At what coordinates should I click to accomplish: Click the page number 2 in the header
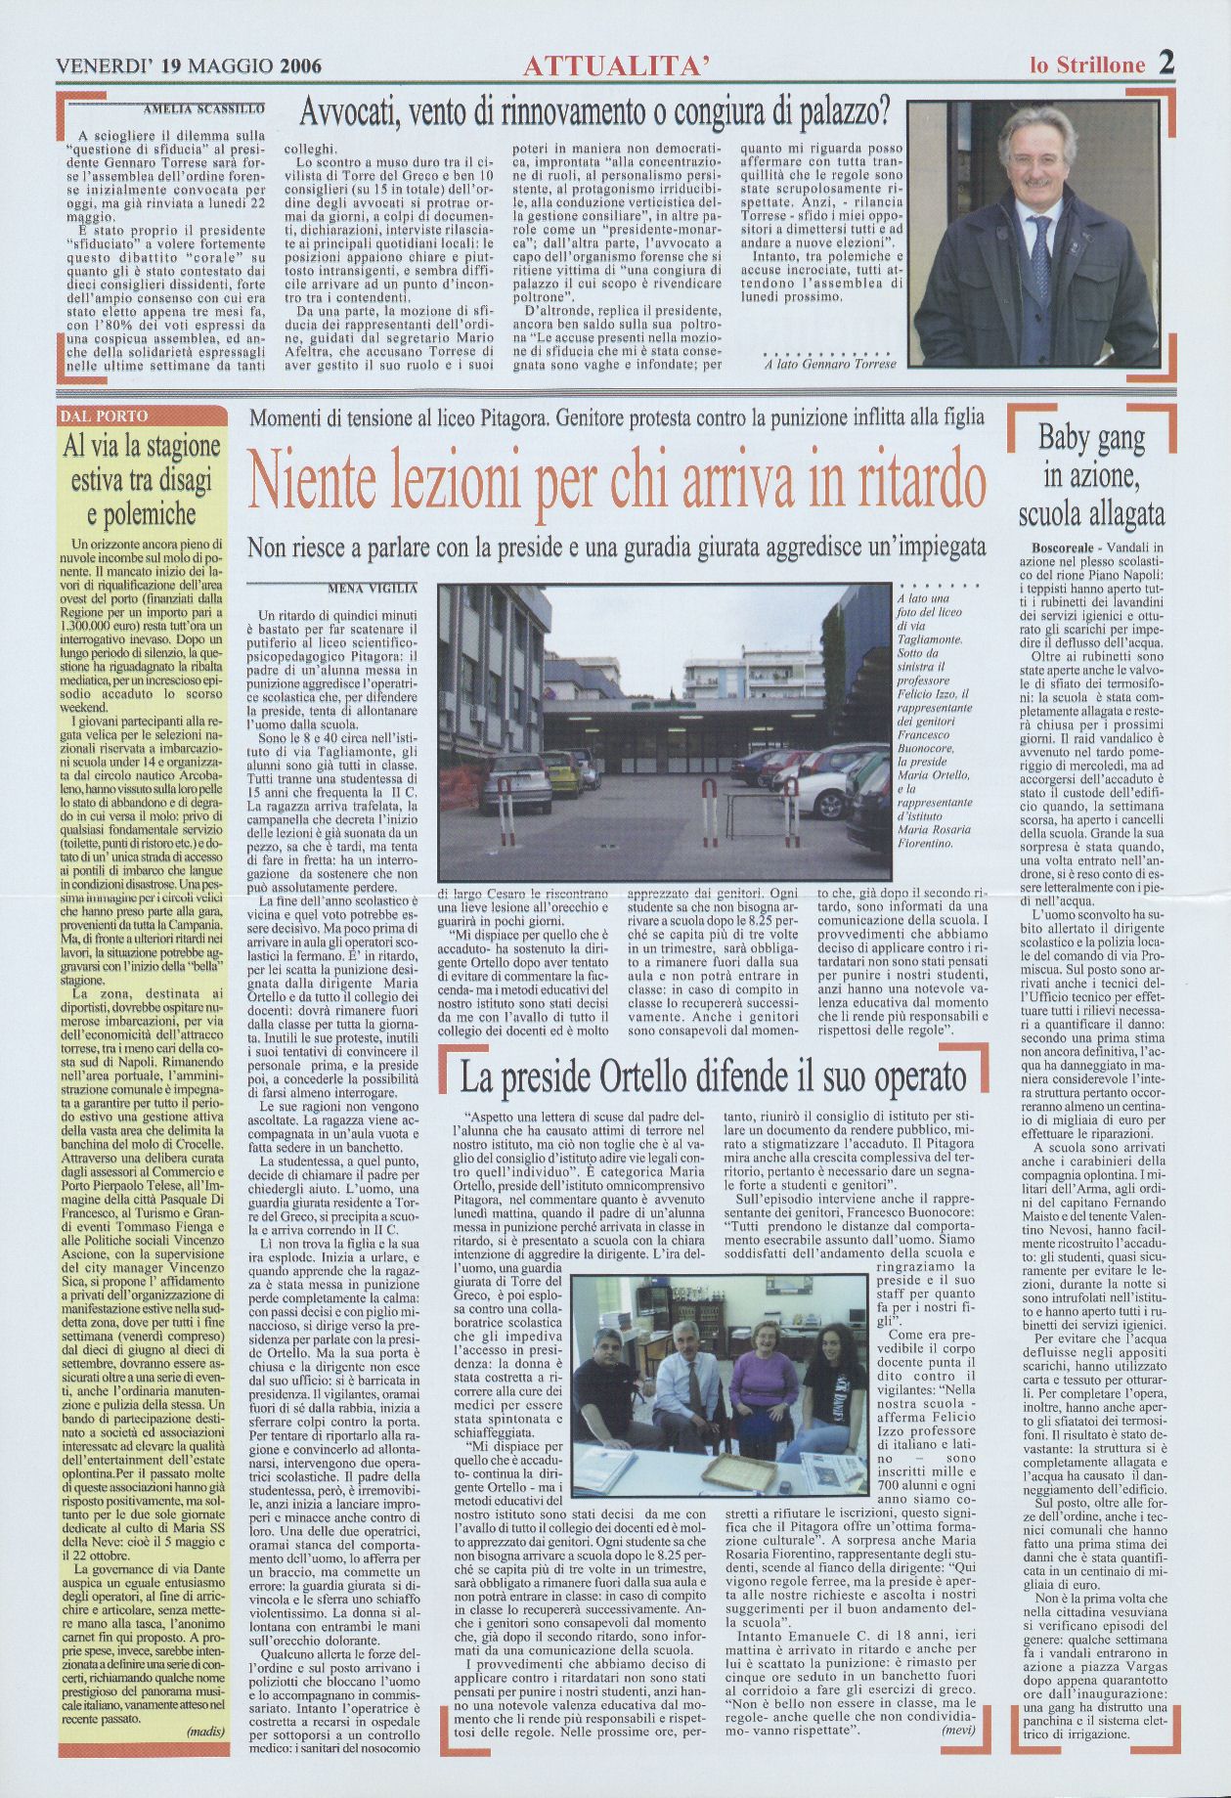coord(1166,64)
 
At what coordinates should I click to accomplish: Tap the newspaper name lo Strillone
coord(1086,66)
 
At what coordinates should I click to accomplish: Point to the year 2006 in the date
coord(300,66)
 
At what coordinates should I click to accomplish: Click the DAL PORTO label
coord(105,416)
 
